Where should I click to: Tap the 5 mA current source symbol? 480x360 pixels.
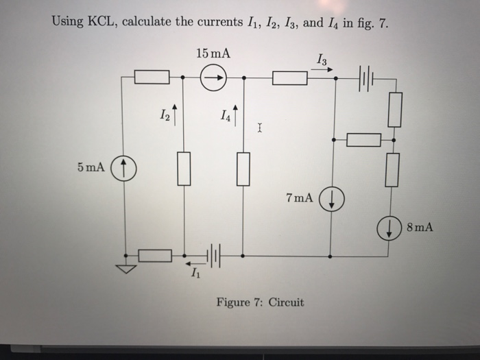pyautogui.click(x=124, y=167)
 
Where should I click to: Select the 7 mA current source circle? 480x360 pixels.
pyautogui.click(x=331, y=200)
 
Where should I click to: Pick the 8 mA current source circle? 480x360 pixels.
pyautogui.click(x=390, y=228)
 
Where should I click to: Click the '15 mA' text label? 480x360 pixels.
pyautogui.click(x=212, y=53)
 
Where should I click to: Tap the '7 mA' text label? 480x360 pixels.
pyautogui.click(x=299, y=198)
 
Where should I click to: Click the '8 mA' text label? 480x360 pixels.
pyautogui.click(x=418, y=228)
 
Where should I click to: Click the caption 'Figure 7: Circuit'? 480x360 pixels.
pyautogui.click(x=260, y=302)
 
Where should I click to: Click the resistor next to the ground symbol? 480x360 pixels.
pyautogui.click(x=155, y=256)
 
